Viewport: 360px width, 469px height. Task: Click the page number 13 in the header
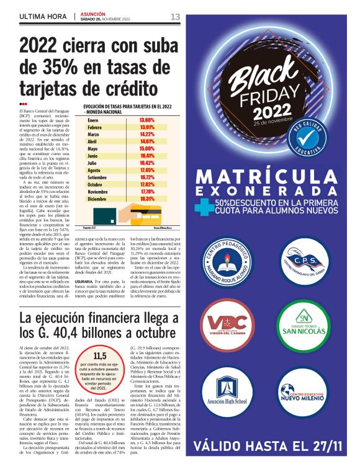click(175, 16)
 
